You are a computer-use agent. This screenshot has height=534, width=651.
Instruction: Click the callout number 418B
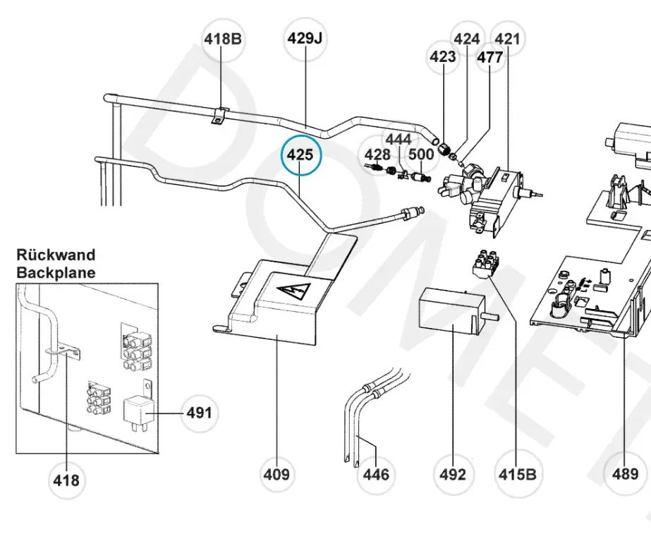(222, 39)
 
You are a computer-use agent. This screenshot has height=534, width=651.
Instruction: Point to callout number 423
(443, 57)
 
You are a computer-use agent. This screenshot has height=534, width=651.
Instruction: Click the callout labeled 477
(489, 57)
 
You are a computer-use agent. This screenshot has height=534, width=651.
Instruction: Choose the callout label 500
(421, 155)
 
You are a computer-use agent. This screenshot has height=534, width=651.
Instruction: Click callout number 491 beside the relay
(198, 412)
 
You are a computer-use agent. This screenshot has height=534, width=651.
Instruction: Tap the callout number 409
(276, 474)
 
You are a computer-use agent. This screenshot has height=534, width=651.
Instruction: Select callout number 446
(375, 474)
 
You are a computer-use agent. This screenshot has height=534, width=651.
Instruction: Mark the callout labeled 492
(452, 474)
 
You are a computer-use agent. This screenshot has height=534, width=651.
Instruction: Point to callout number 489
(625, 474)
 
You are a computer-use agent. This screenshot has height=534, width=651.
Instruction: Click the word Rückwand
(56, 255)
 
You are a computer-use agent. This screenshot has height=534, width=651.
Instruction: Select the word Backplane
(56, 272)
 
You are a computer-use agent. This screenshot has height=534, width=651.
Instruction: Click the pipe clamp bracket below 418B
(219, 116)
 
